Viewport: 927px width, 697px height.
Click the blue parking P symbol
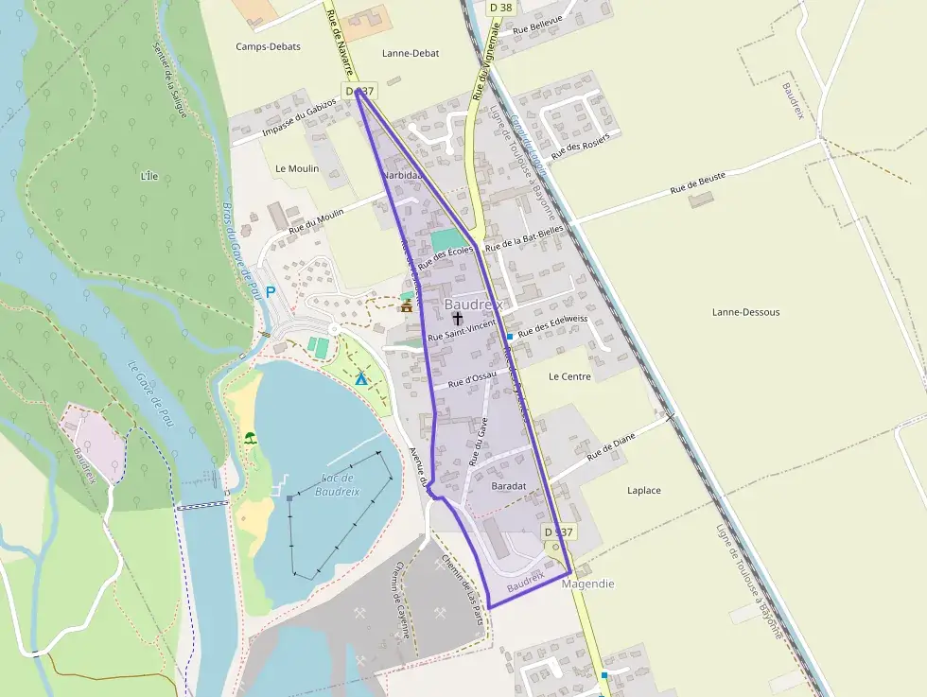pyautogui.click(x=270, y=292)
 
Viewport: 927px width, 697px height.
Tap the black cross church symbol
pyautogui.click(x=458, y=320)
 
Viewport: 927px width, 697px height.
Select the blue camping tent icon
pyautogui.click(x=360, y=378)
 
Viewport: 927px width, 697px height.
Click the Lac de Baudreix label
pyautogui.click(x=338, y=484)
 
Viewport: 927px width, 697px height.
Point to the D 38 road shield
pyautogui.click(x=500, y=8)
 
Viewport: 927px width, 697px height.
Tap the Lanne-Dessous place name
pyautogui.click(x=745, y=312)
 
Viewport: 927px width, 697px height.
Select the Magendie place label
pyautogui.click(x=587, y=584)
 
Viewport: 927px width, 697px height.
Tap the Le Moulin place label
pyautogui.click(x=297, y=168)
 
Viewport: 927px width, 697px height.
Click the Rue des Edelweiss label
pyautogui.click(x=552, y=319)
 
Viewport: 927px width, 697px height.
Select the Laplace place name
pyautogui.click(x=644, y=491)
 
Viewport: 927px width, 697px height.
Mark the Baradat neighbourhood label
pyautogui.click(x=509, y=486)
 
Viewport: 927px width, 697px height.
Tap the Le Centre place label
pyautogui.click(x=569, y=376)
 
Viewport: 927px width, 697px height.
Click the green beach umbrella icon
pyautogui.click(x=251, y=437)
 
